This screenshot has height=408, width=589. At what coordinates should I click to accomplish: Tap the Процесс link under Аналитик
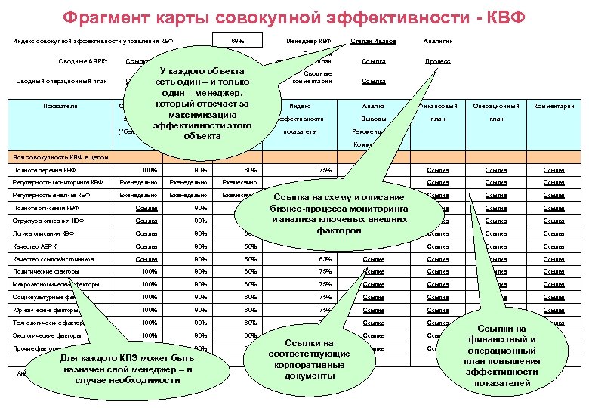(437, 60)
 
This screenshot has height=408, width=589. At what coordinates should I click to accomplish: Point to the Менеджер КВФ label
(308, 40)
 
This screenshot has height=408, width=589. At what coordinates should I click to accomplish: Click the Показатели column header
(60, 106)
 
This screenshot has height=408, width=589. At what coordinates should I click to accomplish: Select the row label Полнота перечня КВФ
(45, 170)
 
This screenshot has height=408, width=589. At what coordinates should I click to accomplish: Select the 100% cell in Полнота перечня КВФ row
(150, 170)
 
